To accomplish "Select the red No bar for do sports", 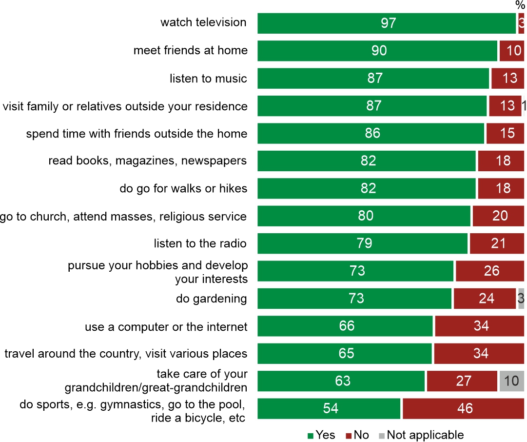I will point(463,408).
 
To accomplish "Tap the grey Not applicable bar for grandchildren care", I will point(511,381).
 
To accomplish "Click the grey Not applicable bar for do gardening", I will point(521,299).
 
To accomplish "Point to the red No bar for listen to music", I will point(507,79).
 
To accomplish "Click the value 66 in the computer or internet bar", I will point(347,326).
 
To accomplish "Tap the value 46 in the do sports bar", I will point(465,408).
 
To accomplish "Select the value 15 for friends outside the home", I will point(507,134).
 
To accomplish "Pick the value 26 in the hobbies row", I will point(491,271).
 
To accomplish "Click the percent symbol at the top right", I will point(520,5).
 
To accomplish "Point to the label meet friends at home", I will point(190,50).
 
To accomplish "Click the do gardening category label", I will point(211,299).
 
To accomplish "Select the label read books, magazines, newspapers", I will point(147,161).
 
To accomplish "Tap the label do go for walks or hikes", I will point(183,188).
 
